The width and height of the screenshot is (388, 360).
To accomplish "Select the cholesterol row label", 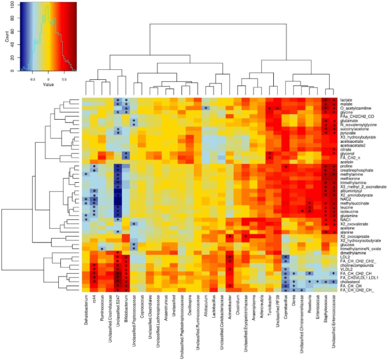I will [350, 281].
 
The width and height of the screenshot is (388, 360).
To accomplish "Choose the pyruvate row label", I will [348, 133].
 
